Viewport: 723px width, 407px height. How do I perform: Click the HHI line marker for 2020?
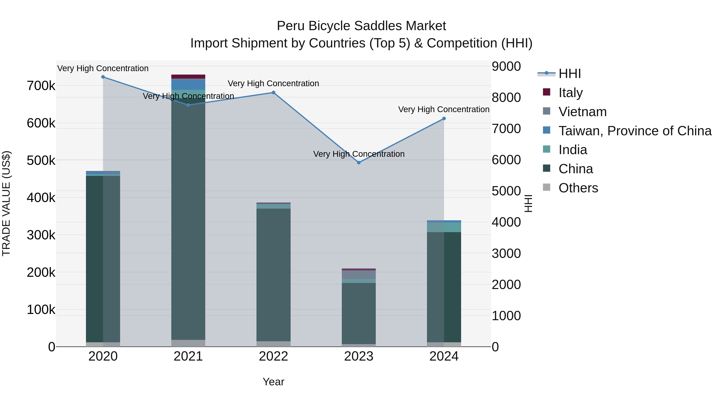[x=103, y=77]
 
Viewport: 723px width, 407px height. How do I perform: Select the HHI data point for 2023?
[x=359, y=163]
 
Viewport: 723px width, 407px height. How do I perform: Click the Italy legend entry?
[x=570, y=93]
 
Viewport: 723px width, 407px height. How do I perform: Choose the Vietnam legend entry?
[x=582, y=112]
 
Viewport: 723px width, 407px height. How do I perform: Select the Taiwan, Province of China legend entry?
[x=635, y=131]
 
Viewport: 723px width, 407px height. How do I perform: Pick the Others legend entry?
[x=578, y=188]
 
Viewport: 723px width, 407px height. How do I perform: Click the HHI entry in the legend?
[x=570, y=74]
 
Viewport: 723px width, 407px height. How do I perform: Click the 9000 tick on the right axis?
[x=506, y=67]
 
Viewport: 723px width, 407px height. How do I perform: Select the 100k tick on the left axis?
[x=41, y=310]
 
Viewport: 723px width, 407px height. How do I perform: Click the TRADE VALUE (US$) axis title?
[x=6, y=203]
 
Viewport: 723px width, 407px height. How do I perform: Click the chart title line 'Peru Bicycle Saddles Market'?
[x=361, y=26]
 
